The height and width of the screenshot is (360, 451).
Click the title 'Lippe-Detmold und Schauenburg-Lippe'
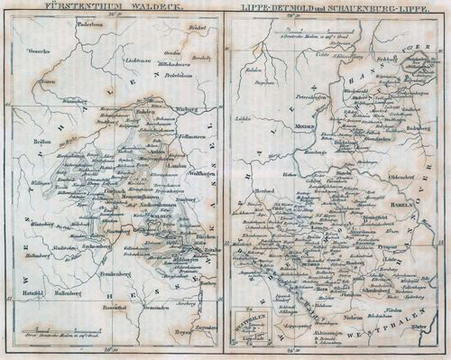tap(337, 7)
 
